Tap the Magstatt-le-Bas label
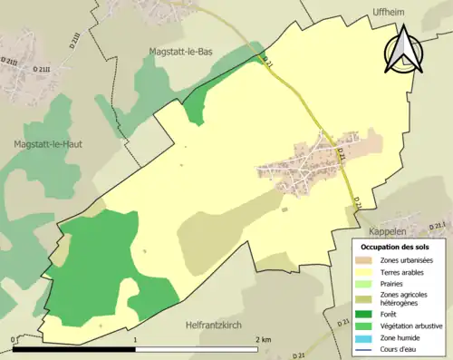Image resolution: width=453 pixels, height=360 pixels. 186,55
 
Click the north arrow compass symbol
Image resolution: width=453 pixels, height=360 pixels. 405,49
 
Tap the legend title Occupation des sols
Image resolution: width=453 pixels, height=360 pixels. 398,248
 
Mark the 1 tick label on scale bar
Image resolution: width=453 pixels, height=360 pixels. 136,339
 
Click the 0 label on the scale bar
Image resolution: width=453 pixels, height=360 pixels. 14,339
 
